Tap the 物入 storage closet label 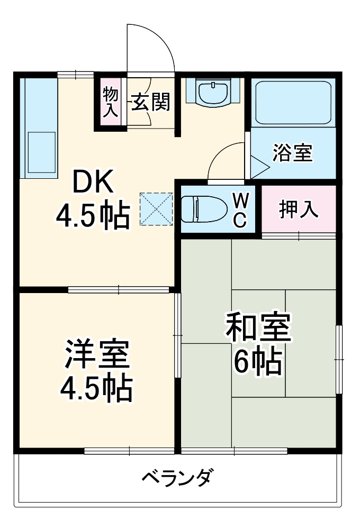tap(110, 102)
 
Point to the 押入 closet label tap(299, 209)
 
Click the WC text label tap(240, 209)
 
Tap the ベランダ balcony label tap(178, 478)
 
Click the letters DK tap(93, 183)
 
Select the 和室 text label tap(258, 330)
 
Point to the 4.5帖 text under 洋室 tap(96, 389)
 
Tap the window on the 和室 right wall tap(339, 359)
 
